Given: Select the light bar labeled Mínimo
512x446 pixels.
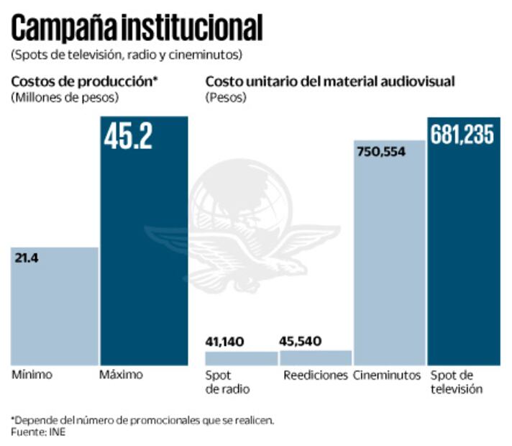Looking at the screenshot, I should click(x=55, y=306).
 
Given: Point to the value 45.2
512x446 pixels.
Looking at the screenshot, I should click(x=128, y=137).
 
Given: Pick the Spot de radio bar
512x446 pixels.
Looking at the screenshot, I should click(x=241, y=358).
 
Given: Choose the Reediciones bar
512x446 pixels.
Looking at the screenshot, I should click(x=315, y=358).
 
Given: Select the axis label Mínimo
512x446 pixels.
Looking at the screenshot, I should click(x=32, y=376).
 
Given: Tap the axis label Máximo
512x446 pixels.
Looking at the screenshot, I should click(x=122, y=376).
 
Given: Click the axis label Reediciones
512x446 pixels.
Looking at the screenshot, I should click(x=315, y=376).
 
